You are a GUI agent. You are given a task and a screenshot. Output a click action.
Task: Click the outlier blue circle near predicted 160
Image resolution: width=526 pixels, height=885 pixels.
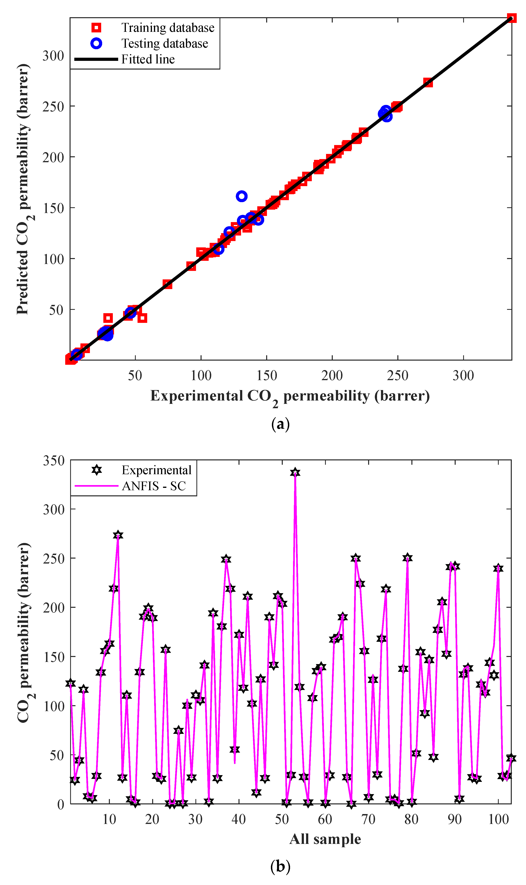[241, 196]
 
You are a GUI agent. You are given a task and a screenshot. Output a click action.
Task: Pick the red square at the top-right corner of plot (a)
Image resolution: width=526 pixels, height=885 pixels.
[511, 18]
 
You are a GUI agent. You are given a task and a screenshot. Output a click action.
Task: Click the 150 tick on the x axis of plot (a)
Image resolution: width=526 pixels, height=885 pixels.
[267, 375]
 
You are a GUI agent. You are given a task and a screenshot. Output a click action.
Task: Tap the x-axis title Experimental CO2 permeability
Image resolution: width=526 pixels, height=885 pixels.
[290, 396]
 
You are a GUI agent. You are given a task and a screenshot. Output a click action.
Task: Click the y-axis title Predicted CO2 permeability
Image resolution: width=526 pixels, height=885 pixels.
[23, 189]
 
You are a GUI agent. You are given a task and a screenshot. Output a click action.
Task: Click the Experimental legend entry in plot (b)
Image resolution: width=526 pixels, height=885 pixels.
[156, 470]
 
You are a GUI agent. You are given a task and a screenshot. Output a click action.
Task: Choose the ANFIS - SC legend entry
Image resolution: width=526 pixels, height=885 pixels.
[154, 486]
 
